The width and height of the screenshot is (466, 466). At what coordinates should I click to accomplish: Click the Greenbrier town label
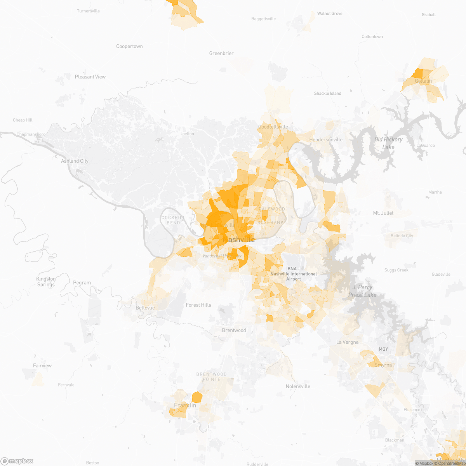[221, 54]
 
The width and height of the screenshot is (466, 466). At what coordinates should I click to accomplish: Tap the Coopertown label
[129, 47]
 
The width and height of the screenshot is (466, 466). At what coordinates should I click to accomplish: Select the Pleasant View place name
[90, 77]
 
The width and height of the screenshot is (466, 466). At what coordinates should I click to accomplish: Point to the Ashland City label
[75, 161]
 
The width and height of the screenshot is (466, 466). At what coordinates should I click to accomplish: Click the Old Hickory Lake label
[388, 143]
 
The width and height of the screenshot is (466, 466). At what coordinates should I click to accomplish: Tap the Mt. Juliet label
[383, 213]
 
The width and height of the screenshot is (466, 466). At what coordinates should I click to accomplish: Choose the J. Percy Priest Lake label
[362, 291]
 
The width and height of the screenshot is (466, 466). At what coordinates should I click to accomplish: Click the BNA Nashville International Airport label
[294, 274]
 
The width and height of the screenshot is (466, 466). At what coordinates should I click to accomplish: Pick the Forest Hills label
[198, 305]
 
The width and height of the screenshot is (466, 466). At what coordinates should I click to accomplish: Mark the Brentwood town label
[234, 330]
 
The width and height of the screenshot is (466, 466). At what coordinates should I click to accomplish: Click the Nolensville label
[298, 386]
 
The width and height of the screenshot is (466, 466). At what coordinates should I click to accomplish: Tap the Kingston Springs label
[46, 282]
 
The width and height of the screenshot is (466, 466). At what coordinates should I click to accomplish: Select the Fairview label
[42, 366]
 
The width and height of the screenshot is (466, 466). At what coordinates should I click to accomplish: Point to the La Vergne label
[347, 343]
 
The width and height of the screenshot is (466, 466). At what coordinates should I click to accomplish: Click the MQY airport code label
[383, 349]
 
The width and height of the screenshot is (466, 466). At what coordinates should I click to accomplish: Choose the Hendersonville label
[326, 140]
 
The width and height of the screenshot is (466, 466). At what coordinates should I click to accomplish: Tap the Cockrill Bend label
[173, 220]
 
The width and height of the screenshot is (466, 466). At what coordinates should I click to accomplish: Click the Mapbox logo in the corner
[17, 461]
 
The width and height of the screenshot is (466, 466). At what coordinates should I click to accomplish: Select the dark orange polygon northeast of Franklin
[197, 397]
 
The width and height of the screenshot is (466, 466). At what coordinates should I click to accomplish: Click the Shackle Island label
[327, 94]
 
